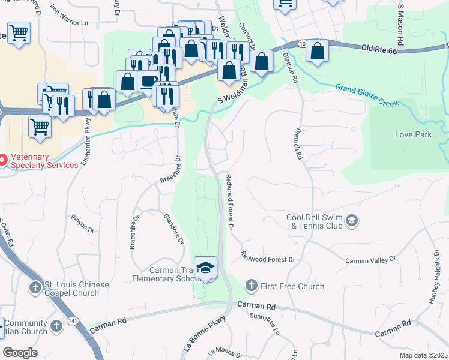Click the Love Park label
tap(413, 134)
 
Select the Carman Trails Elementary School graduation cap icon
tap(205, 268)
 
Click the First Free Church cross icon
tap(252, 286)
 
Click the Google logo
tap(20, 352)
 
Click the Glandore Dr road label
tap(173, 230)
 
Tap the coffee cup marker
tap(148, 82)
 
